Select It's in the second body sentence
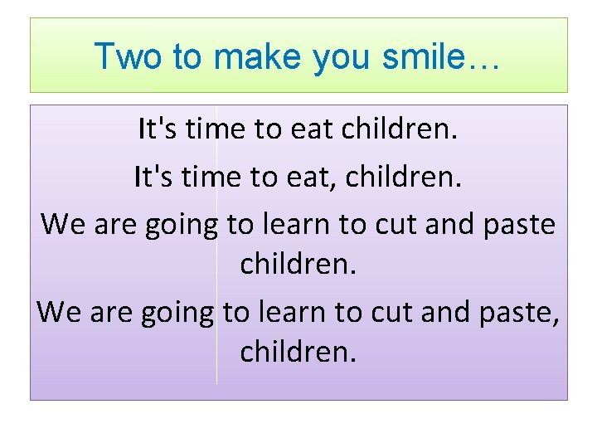[152, 177]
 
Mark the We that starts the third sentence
[61, 223]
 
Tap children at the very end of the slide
[298, 352]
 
